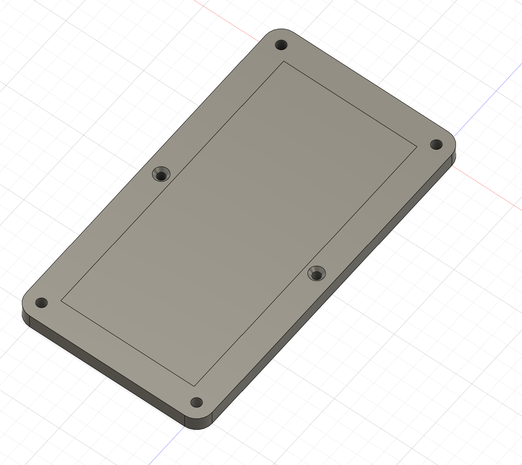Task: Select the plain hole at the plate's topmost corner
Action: (281, 45)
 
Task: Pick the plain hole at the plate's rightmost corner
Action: (436, 144)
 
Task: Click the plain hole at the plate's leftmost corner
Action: (41, 303)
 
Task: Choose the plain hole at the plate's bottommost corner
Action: (196, 402)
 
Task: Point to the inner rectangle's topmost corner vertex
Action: (284, 61)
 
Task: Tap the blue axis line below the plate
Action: (167, 445)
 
